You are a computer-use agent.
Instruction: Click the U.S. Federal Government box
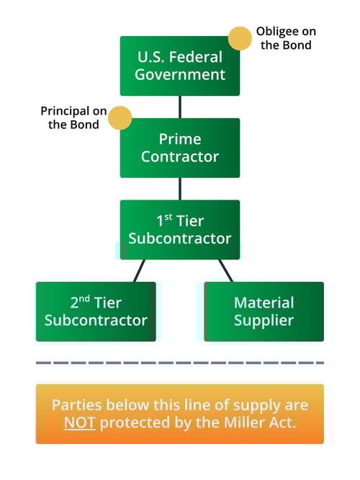179,66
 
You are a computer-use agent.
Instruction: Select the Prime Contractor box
179,148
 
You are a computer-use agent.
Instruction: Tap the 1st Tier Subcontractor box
179,229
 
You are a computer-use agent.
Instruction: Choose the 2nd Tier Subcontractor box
96,311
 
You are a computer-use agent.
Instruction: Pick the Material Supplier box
264,311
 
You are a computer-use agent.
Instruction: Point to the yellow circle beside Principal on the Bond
120,118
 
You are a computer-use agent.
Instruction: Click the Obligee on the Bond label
286,38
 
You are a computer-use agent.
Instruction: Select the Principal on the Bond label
73,118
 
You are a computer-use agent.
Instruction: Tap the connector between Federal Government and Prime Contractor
179,107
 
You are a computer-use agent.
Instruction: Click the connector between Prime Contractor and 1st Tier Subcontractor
179,189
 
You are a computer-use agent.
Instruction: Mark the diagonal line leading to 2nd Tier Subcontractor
140,270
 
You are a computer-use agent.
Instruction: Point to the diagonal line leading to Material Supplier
225,270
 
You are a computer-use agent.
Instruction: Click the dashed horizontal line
179,363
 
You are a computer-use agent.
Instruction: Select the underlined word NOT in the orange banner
79,423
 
